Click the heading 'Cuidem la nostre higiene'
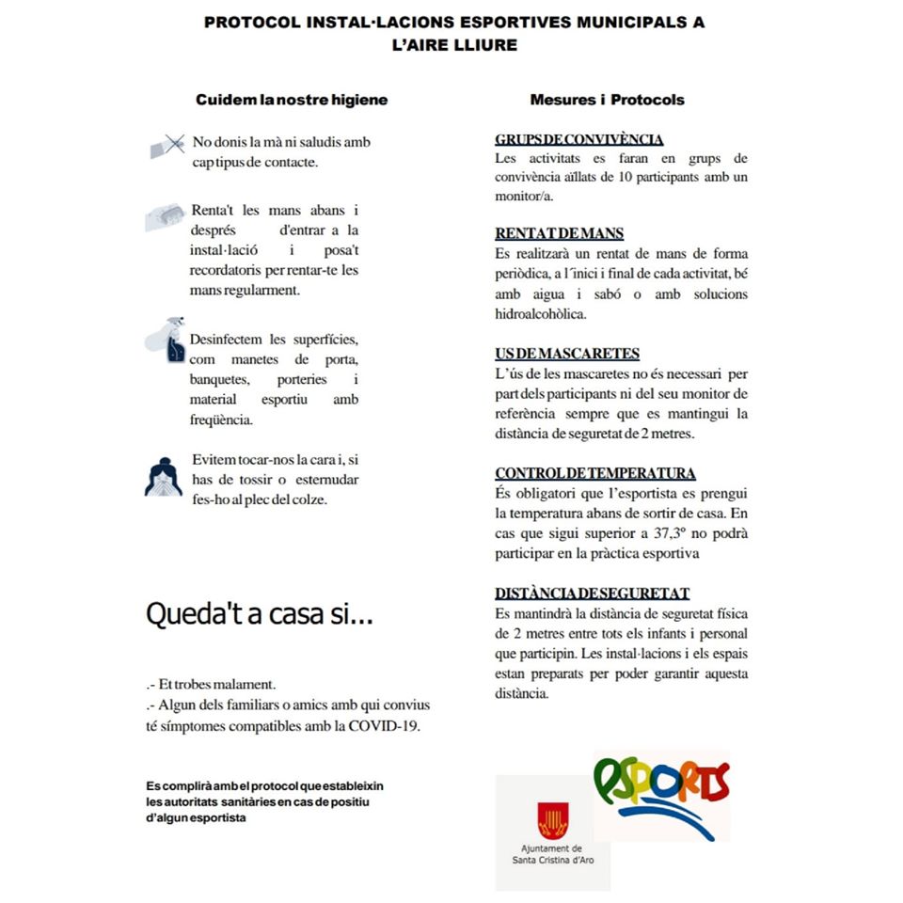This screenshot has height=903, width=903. (292, 100)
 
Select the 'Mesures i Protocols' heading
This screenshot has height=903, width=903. (607, 100)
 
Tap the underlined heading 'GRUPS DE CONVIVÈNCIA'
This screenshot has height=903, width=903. (579, 139)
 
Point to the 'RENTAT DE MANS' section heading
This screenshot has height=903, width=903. (560, 233)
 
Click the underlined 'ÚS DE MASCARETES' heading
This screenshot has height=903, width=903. (567, 354)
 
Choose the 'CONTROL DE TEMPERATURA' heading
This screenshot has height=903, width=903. (595, 473)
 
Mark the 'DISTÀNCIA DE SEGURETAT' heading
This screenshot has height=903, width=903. (593, 594)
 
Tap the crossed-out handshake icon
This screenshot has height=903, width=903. (166, 146)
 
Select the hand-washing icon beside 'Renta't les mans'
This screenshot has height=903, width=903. (165, 216)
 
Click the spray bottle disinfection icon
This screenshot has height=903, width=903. (166, 341)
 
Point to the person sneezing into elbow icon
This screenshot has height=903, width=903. (164, 477)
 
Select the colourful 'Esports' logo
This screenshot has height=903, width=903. (662, 795)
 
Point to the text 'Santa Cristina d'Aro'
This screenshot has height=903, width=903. (553, 858)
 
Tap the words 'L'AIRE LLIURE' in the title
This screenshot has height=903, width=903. (454, 44)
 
